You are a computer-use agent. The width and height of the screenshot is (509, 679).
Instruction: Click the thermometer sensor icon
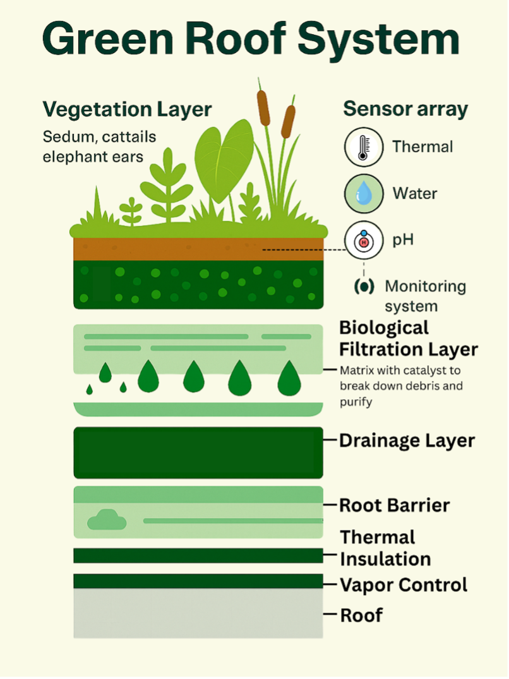point(363,147)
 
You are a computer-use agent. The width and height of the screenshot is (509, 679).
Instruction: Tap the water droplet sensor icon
point(363,194)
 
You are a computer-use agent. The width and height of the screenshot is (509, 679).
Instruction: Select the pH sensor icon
point(363,241)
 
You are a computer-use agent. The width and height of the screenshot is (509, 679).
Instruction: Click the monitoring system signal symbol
point(364,286)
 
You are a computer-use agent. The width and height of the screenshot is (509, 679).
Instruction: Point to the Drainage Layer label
point(407,440)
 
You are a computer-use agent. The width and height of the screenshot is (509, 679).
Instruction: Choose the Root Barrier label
point(395,505)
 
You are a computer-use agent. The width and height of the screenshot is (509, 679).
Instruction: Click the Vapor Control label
point(404,585)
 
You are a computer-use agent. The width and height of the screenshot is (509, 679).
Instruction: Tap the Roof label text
point(361,615)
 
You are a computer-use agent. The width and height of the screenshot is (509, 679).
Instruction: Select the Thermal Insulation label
point(385,548)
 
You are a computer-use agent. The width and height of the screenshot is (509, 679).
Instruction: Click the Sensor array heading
point(405,109)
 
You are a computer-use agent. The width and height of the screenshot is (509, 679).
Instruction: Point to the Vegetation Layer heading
point(127,109)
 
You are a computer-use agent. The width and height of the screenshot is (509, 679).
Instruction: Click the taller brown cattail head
point(263,107)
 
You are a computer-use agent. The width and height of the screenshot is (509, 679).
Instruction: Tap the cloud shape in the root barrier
point(107,520)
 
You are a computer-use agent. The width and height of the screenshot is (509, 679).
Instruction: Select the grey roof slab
point(198,613)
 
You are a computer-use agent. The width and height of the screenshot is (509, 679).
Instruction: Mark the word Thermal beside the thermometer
point(422,147)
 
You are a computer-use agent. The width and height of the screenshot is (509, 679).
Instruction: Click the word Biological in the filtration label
point(384,328)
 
